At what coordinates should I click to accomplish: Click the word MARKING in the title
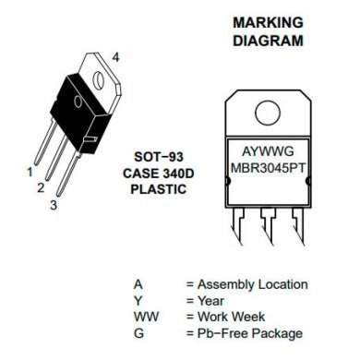tap(268, 21)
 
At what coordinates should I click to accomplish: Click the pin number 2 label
tap(41, 188)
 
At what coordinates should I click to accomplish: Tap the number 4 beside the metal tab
tap(115, 57)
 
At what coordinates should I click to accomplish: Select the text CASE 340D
tap(154, 173)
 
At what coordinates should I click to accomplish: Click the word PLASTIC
tap(154, 188)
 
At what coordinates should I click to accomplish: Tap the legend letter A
tap(137, 285)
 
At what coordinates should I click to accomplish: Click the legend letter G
tap(138, 333)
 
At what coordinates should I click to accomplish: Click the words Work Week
tap(234, 317)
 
